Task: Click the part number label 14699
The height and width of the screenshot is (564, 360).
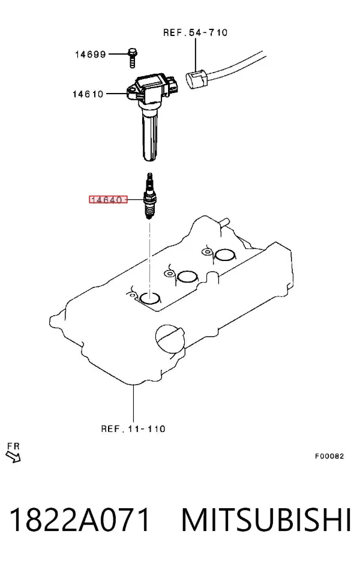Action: (x=90, y=55)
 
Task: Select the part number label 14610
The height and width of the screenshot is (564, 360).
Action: (x=88, y=94)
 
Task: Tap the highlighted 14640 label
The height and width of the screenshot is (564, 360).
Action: (x=108, y=199)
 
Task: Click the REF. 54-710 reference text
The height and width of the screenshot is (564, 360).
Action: (x=195, y=32)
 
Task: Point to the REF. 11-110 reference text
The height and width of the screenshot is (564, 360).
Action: (x=133, y=429)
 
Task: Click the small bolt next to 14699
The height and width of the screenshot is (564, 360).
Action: (x=133, y=58)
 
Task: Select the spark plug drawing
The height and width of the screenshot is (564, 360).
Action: (x=149, y=196)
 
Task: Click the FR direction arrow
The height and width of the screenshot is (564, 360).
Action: (x=13, y=457)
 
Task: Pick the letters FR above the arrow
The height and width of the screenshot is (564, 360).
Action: (x=14, y=446)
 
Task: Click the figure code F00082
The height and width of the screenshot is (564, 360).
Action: (x=329, y=456)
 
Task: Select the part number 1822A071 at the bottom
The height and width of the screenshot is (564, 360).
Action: (x=79, y=520)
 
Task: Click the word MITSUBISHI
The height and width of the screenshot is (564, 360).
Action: (x=266, y=520)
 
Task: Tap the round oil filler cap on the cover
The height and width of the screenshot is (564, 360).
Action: (x=170, y=338)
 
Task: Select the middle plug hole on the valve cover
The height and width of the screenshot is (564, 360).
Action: (x=188, y=276)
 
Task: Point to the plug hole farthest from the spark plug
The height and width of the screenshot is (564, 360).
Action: (x=225, y=255)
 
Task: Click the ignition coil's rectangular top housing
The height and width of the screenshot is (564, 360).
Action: (x=153, y=86)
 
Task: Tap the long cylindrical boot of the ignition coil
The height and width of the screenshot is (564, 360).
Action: (x=151, y=135)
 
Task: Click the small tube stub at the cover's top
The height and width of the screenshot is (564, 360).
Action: (x=223, y=221)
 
